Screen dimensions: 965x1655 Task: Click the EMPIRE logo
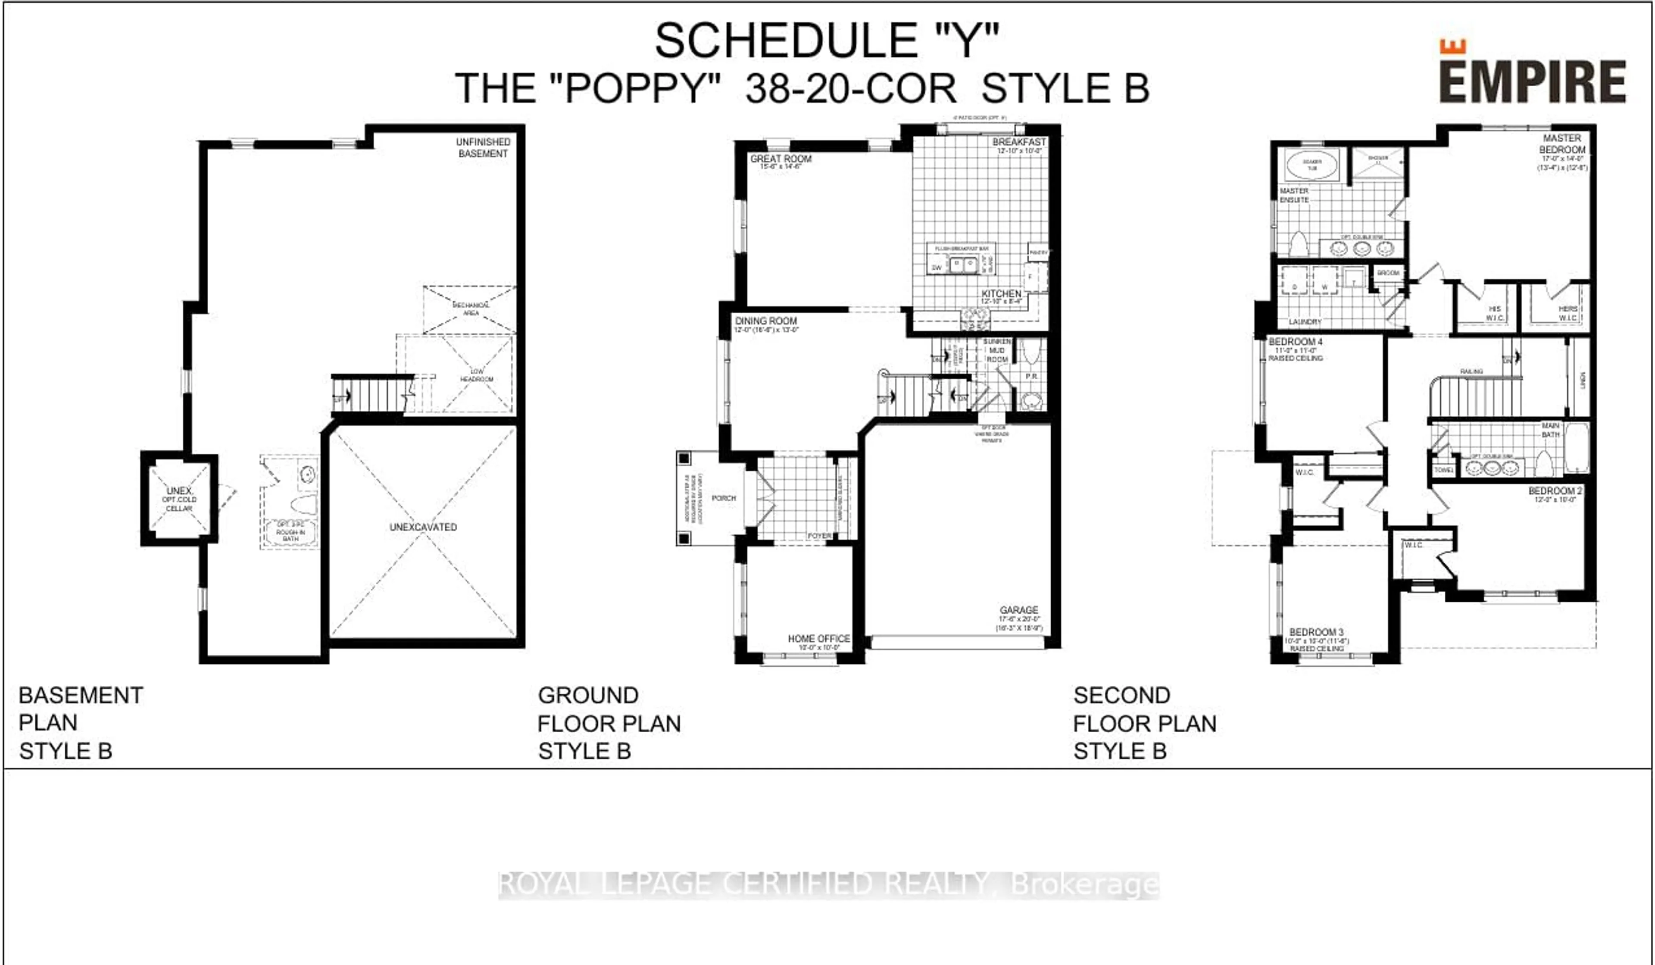1532,74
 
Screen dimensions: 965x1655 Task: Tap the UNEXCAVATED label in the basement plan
423,527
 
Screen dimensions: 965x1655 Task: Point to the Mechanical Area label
470,309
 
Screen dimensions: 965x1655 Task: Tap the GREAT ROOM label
781,159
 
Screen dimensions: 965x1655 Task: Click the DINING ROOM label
766,321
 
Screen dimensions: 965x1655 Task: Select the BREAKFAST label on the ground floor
1018,142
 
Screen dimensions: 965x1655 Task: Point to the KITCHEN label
1001,294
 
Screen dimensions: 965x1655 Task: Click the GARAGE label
1018,610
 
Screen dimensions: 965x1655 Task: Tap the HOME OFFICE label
818,638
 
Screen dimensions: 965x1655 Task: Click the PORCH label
724,498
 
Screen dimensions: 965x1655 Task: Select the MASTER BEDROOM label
1562,144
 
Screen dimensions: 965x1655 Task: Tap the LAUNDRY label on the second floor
1304,322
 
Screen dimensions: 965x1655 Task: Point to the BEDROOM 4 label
1295,342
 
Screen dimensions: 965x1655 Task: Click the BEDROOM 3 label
1316,632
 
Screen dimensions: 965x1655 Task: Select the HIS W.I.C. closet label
1495,313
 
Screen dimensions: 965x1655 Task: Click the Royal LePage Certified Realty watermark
828,884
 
